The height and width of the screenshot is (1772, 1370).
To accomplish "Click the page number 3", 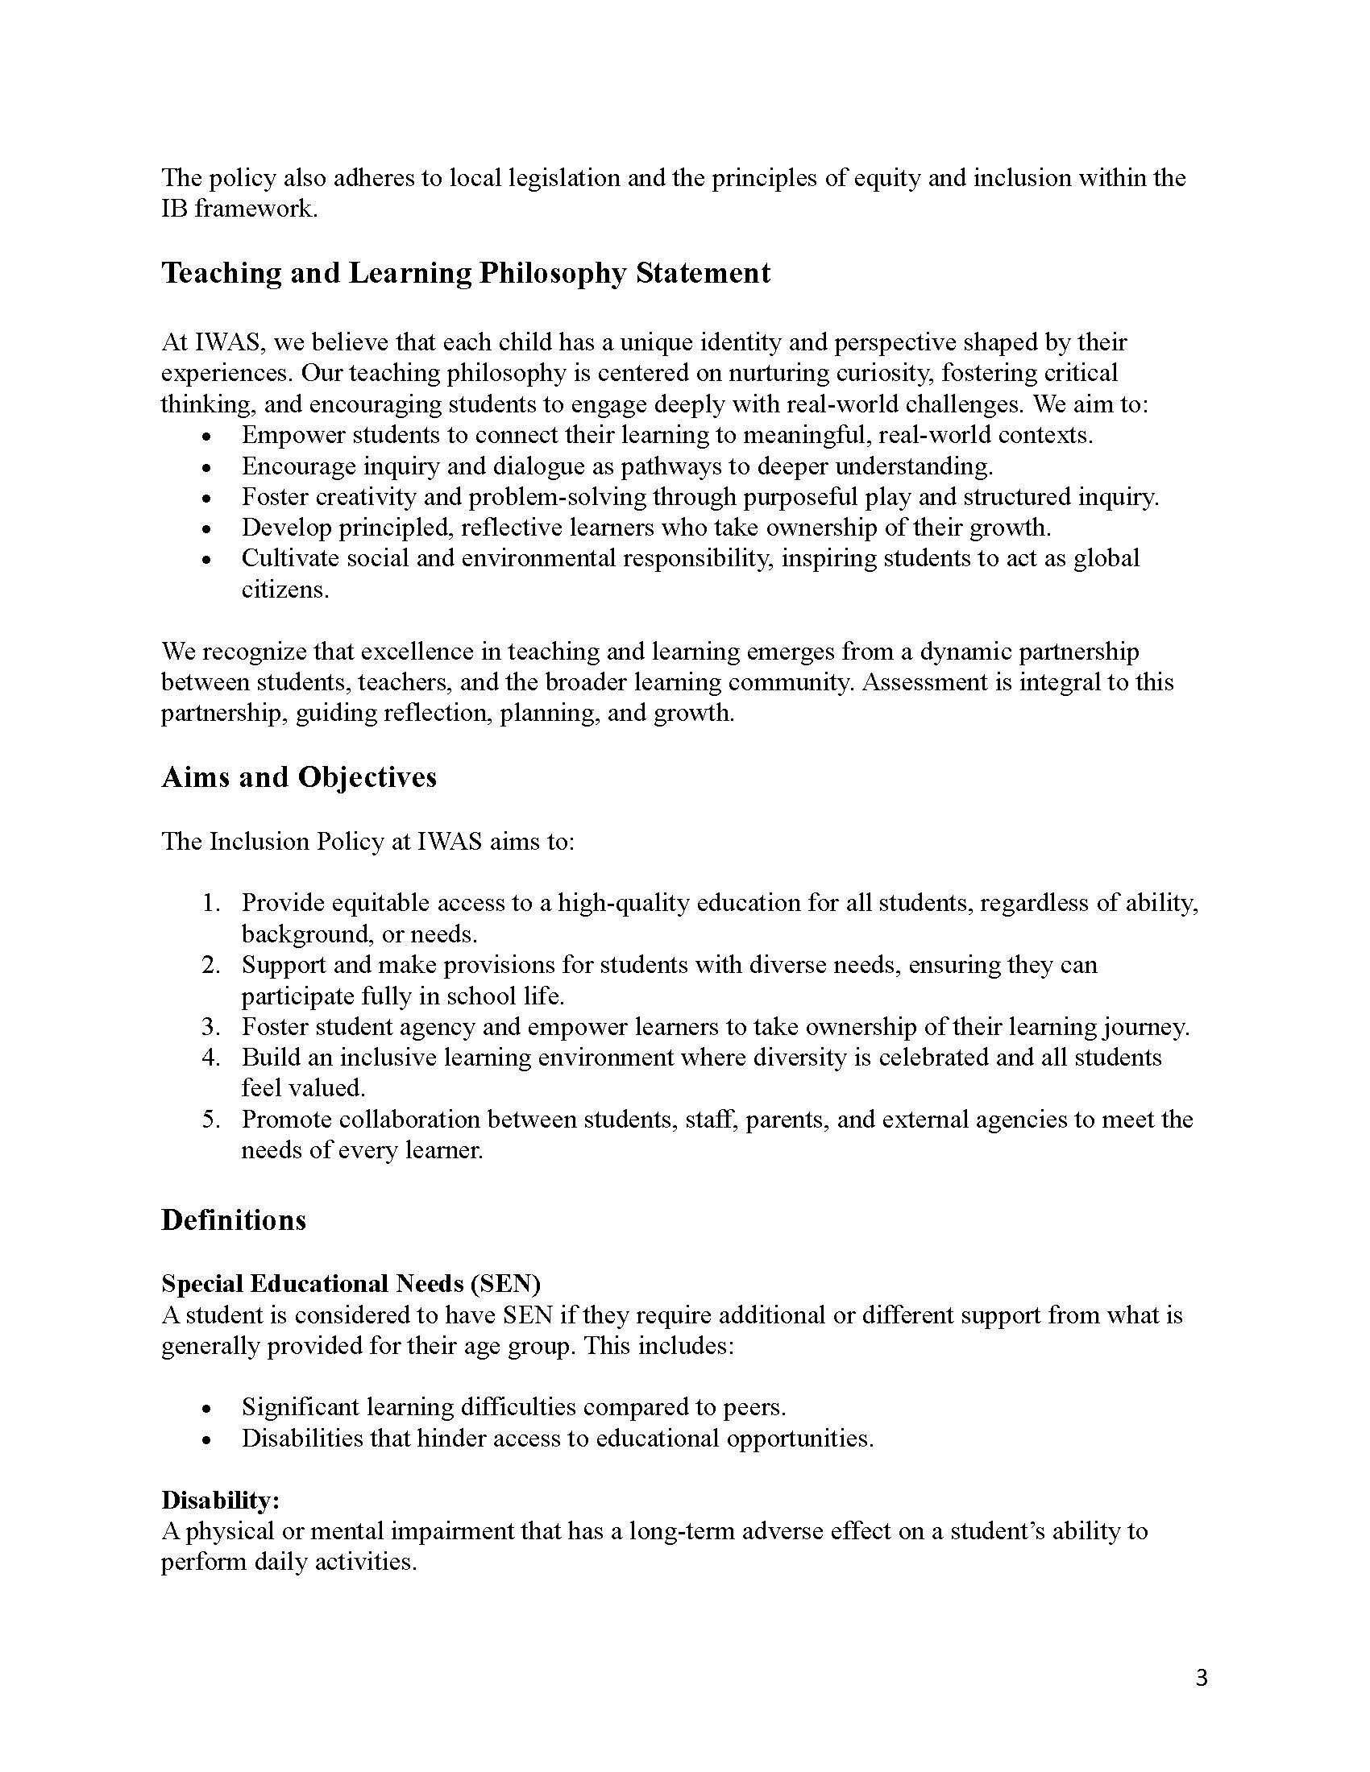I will (x=1202, y=1677).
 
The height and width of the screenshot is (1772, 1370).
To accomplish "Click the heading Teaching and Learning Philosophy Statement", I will (x=466, y=273).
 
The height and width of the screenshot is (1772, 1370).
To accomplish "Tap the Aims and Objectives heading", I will (x=299, y=777).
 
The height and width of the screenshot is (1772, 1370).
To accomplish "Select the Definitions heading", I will (x=234, y=1220).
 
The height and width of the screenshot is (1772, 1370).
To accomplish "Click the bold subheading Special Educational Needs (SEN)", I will (x=351, y=1284).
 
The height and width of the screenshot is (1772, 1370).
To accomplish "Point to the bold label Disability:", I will (x=220, y=1501).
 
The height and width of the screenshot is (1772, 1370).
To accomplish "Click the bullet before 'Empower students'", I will (x=208, y=437).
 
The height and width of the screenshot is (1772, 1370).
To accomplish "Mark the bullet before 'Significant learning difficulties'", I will (x=208, y=1409).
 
